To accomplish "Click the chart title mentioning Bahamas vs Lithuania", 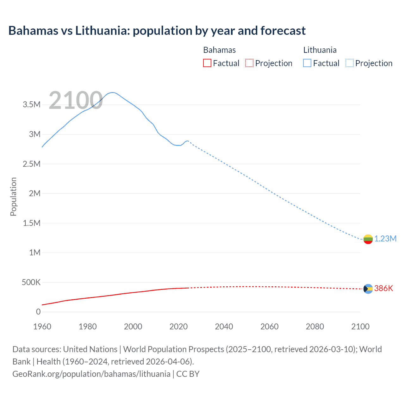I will [157, 31].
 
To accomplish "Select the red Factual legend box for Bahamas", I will [207, 63].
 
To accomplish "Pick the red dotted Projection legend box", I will [249, 63].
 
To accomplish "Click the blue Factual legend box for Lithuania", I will [307, 63].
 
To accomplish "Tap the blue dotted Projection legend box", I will [350, 63].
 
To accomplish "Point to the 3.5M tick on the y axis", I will [32, 105].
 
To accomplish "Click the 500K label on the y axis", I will [31, 282].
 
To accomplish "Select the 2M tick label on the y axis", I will [34, 193].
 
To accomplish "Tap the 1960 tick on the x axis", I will [42, 327].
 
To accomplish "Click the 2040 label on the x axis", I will [224, 327].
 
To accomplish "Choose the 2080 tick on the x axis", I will [315, 327].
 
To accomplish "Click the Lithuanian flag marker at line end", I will [368, 239].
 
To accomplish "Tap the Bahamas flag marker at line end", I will [368, 289].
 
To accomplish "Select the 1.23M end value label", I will [385, 239].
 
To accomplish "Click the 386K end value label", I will [383, 288].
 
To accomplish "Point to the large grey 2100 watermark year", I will [76, 100].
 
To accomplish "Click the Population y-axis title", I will [13, 196].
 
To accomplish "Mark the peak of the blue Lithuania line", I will [112, 92].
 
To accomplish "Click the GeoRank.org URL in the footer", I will [91, 374].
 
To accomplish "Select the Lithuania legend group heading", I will [320, 50].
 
